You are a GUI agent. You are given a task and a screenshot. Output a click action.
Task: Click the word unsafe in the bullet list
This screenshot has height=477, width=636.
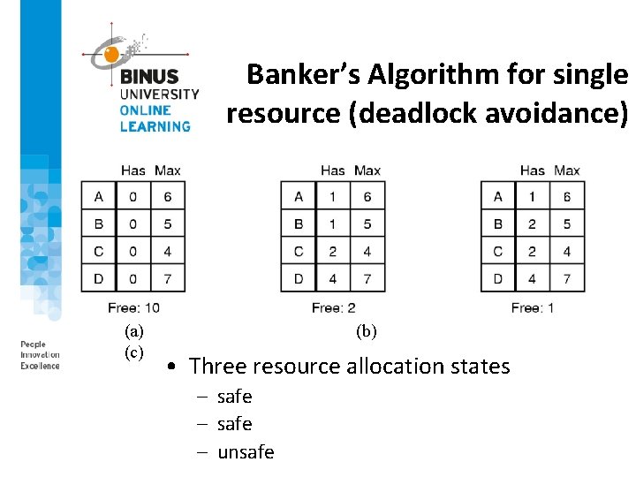246,452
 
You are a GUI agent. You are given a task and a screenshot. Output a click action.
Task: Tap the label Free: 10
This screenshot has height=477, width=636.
133,307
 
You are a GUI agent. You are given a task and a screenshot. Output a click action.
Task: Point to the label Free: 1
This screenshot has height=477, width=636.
533,307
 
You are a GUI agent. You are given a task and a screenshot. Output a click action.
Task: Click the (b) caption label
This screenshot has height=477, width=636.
366,331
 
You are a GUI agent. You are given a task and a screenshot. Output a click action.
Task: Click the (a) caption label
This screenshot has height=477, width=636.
134,331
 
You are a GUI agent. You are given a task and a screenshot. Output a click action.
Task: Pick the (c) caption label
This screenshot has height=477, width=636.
134,352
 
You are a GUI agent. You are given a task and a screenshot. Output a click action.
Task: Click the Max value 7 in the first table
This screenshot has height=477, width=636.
168,278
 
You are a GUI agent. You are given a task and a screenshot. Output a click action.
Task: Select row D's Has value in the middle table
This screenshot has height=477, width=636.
332,278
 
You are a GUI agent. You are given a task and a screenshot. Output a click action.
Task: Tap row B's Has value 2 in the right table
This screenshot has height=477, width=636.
532,223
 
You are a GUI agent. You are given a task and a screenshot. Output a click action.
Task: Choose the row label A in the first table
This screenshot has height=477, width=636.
98,196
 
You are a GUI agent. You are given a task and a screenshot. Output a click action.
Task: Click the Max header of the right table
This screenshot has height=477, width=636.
567,170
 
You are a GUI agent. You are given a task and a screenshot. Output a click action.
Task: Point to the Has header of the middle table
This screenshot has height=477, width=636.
332,170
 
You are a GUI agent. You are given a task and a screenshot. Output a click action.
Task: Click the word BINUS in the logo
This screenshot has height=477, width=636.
149,77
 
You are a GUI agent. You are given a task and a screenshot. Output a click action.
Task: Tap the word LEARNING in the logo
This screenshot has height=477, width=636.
155,126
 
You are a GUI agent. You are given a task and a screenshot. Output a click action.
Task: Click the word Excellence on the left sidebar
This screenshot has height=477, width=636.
41,366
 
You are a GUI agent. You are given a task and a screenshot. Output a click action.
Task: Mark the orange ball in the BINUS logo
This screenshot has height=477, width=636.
111,55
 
